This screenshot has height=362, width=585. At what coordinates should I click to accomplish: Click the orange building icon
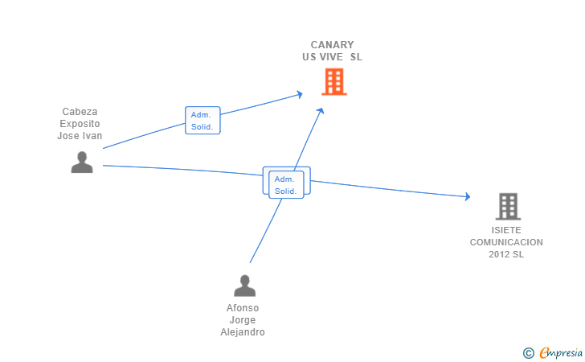[334, 81]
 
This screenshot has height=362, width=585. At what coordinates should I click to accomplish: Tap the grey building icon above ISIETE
[508, 206]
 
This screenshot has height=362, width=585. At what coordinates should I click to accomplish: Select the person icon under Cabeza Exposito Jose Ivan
[82, 162]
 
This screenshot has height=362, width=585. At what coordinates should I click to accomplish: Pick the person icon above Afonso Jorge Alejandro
[245, 286]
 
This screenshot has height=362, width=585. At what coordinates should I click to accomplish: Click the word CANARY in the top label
[332, 45]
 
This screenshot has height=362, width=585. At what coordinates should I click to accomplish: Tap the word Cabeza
[80, 111]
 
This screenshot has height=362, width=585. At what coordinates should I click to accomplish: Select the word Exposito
[80, 124]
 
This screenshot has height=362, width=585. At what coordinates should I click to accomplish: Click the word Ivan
[92, 136]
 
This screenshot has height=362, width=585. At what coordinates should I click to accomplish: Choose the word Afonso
[243, 308]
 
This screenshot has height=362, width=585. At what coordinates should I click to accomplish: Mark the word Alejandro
[243, 331]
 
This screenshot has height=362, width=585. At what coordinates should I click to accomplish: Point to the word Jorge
[243, 320]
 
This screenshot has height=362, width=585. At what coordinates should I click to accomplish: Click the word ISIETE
[506, 230]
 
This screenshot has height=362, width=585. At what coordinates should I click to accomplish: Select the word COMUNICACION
[506, 242]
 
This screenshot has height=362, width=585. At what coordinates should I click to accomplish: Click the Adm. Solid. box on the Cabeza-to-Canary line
[202, 121]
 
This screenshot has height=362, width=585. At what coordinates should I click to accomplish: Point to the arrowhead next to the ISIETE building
[468, 196]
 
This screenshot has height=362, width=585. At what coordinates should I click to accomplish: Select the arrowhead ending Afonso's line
[321, 111]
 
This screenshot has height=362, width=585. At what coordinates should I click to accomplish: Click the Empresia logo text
[561, 352]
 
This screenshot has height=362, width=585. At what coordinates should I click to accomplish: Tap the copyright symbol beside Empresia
[528, 353]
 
